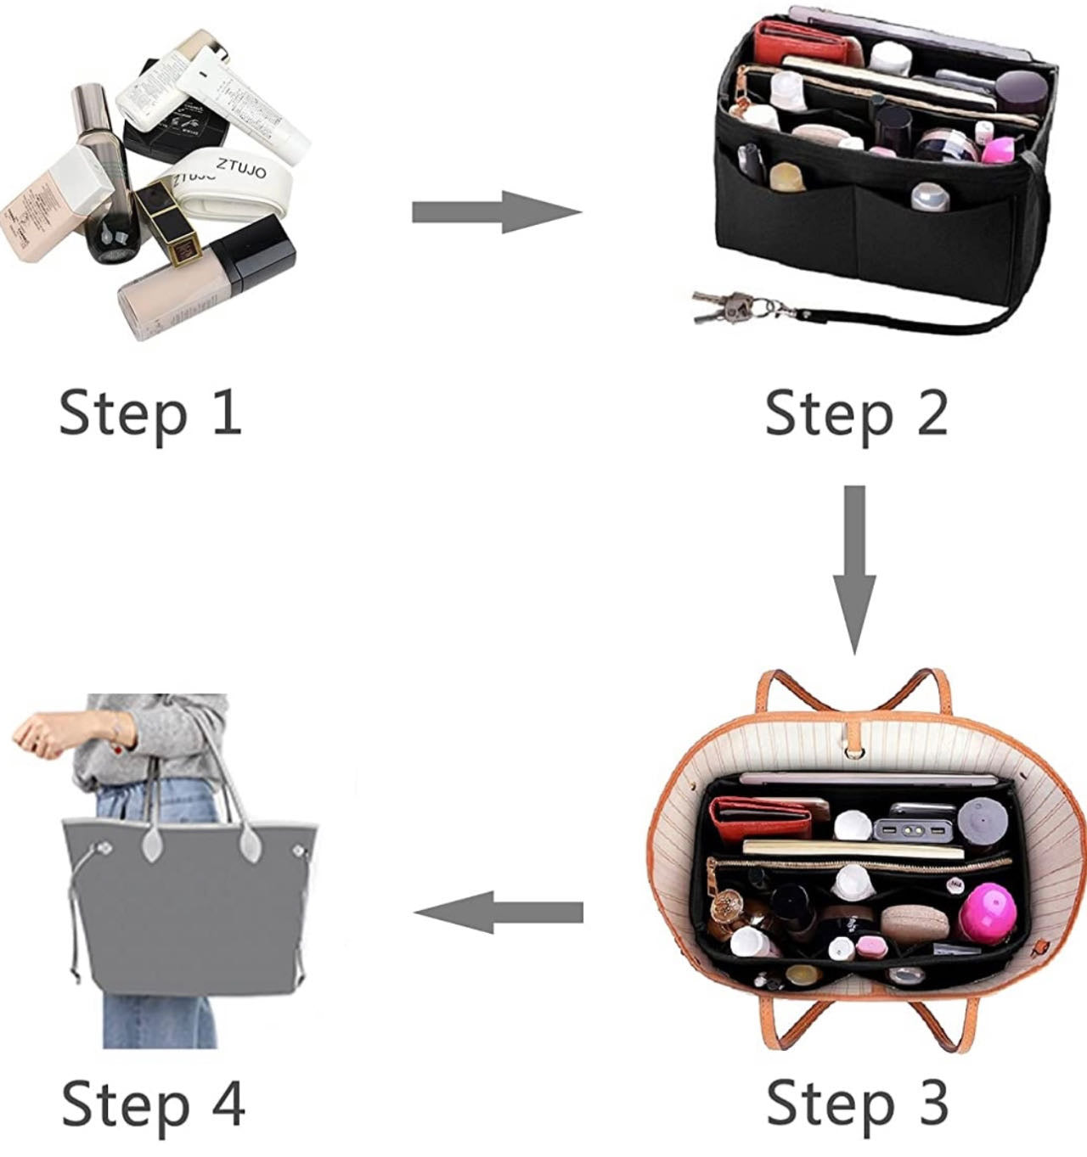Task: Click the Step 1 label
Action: click(x=150, y=413)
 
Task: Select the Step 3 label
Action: click(x=856, y=1102)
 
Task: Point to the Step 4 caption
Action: click(x=153, y=1103)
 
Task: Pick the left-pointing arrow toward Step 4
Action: click(x=499, y=913)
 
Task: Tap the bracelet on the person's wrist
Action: click(x=115, y=727)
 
